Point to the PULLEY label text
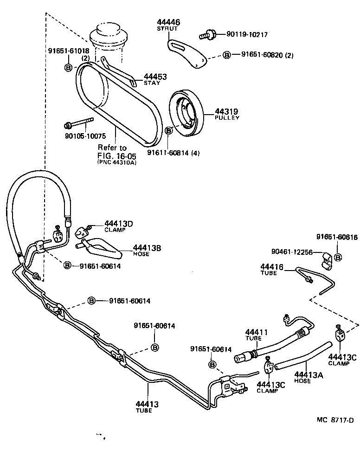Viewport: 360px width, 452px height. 227,118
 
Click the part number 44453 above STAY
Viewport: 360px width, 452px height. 155,77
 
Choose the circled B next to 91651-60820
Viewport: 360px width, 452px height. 227,55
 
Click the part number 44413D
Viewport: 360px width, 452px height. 118,224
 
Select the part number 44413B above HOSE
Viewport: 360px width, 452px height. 147,248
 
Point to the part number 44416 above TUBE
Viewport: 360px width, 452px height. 271,267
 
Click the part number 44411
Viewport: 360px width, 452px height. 257,332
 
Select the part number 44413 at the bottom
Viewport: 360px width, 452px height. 147,404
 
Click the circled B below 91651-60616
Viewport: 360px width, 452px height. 338,257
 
